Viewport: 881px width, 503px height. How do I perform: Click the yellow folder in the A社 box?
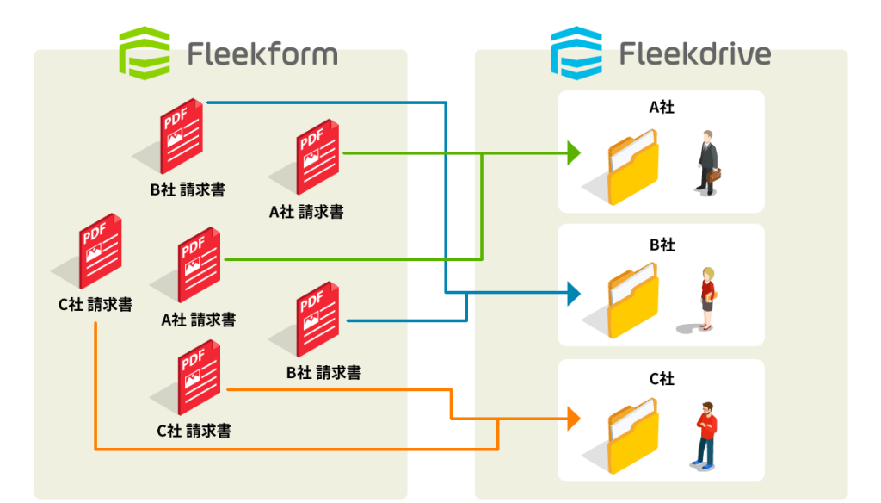point(632,168)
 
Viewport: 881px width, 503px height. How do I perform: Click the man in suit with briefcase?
point(707,161)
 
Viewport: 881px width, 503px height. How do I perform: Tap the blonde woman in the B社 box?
point(707,298)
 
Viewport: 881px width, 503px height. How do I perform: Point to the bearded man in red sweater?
point(706,434)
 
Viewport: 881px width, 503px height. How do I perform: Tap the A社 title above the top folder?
point(661,108)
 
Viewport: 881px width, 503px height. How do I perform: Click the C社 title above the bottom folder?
point(661,379)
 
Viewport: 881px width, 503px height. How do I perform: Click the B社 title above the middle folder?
point(661,245)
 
